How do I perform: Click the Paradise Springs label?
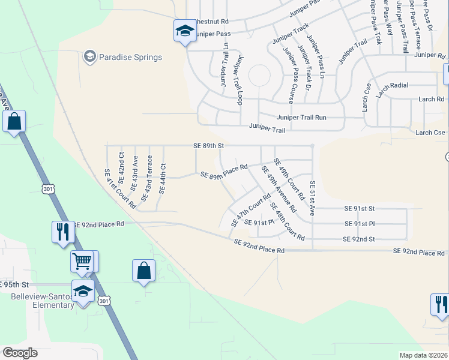[x=131, y=58]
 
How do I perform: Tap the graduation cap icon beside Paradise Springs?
[x=90, y=57]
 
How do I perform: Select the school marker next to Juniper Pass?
[x=184, y=32]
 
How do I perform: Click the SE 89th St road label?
[x=208, y=145]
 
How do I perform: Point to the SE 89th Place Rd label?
[x=224, y=172]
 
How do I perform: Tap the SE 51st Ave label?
[x=312, y=198]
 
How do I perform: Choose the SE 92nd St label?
[x=358, y=239]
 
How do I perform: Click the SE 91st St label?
[x=359, y=208]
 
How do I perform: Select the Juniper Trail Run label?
[x=301, y=118]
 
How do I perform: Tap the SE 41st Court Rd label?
[x=121, y=188]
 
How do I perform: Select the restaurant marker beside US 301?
[x=62, y=232]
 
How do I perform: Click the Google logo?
[x=20, y=353]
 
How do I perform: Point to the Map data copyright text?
[x=423, y=355]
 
